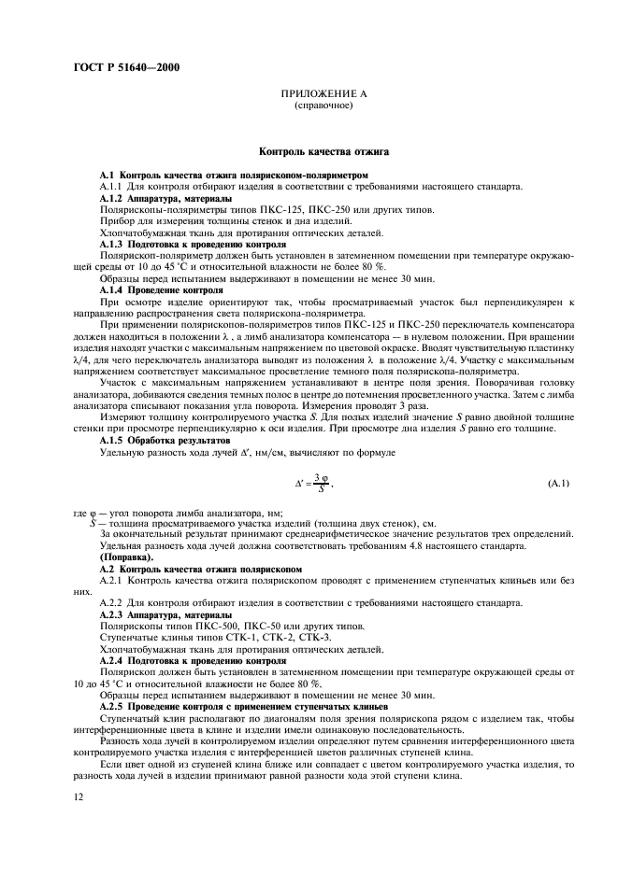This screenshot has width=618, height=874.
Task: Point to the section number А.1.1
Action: [111, 186]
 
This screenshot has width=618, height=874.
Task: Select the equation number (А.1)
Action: [558, 483]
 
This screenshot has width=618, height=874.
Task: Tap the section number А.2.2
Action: [111, 603]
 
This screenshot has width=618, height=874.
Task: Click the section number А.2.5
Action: [111, 704]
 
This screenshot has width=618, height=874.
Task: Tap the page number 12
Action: [77, 796]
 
